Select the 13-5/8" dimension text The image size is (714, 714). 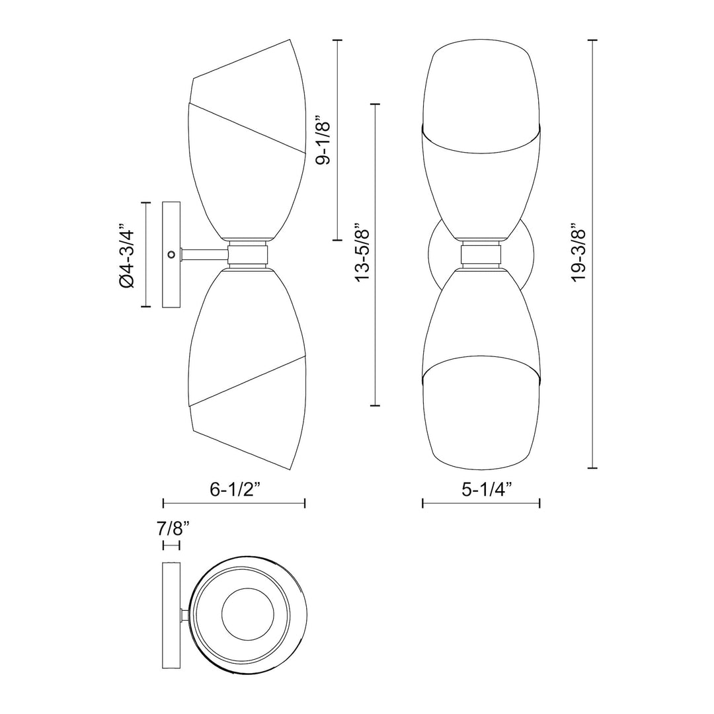coord(362,255)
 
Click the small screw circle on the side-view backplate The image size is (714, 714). coord(171,254)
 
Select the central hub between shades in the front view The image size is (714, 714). coord(481,254)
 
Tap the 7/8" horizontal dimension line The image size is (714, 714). coord(171,545)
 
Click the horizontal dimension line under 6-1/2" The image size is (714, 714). coord(234,504)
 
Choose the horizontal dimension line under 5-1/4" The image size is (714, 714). coord(481,504)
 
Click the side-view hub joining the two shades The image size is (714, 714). coord(249,254)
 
